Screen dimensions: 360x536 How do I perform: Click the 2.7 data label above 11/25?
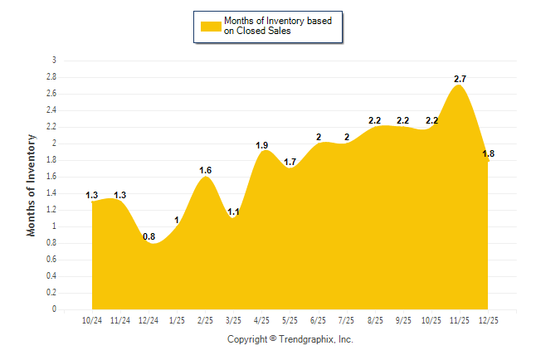point(460,79)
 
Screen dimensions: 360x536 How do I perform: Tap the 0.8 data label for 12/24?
point(149,236)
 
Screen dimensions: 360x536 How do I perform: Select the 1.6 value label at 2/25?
point(206,170)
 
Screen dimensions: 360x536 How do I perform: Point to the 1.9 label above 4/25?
point(262,145)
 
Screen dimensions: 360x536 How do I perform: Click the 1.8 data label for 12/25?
point(488,153)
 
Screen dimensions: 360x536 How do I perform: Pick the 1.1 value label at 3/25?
point(234,212)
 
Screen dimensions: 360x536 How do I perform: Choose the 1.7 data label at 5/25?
point(290,162)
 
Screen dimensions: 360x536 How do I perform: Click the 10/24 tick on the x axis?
point(93,319)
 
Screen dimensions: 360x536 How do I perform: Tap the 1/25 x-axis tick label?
point(178,319)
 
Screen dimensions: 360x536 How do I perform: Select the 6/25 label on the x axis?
point(318,319)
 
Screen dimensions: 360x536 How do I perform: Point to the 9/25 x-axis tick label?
point(402,319)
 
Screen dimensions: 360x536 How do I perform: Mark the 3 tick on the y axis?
point(54,61)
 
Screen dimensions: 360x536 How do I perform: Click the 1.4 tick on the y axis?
point(51,193)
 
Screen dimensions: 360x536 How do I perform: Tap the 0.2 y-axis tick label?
point(51,293)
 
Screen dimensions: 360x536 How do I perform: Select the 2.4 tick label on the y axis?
point(51,110)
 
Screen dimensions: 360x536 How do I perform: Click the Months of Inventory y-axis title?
point(32,185)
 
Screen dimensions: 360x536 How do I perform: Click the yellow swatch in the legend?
point(212,27)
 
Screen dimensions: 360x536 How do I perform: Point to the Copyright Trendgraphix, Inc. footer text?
point(290,339)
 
